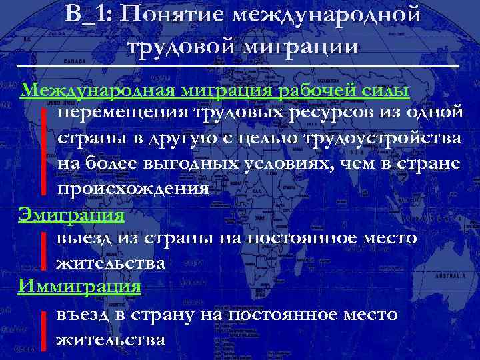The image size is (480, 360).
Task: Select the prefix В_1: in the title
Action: point(89,15)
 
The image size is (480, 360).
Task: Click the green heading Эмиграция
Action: point(71,215)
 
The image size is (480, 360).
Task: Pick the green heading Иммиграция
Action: point(80,286)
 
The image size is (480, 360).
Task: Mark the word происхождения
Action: point(133,189)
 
